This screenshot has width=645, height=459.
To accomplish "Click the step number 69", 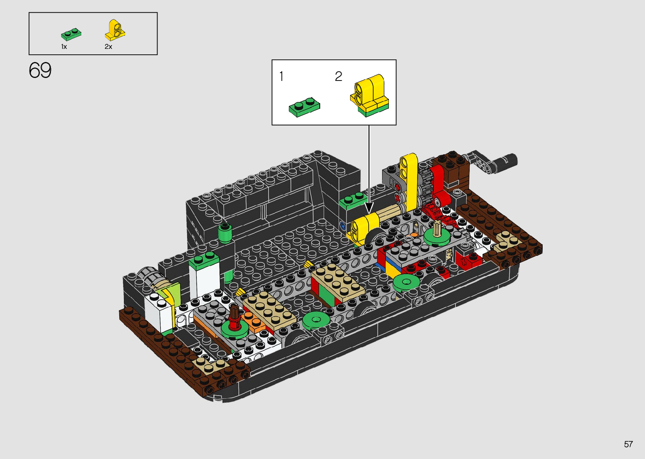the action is pyautogui.click(x=40, y=70).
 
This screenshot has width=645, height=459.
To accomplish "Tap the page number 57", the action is pyautogui.click(x=628, y=444).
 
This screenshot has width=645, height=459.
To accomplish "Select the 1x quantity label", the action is pyautogui.click(x=64, y=47).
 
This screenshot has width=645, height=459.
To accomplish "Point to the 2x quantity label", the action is pyautogui.click(x=108, y=47).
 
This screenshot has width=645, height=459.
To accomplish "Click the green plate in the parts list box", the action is pyautogui.click(x=71, y=34).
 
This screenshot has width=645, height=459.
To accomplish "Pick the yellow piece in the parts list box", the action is pyautogui.click(x=115, y=30).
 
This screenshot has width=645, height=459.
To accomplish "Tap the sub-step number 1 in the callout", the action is pyautogui.click(x=281, y=76).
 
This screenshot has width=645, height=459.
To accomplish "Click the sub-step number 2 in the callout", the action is pyautogui.click(x=338, y=76).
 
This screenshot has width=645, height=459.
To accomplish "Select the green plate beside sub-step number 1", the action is pyautogui.click(x=304, y=107).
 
